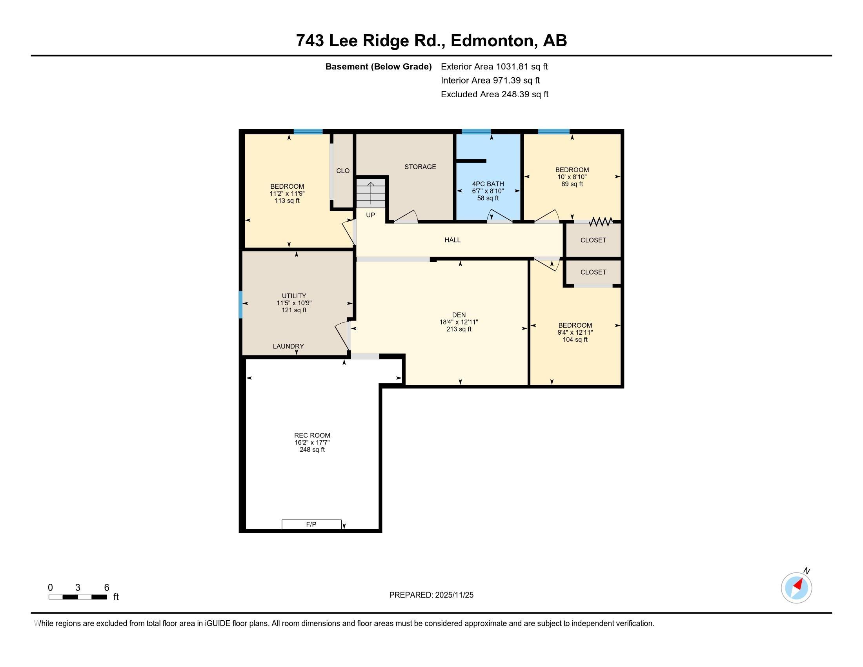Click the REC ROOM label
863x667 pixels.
pos(312,436)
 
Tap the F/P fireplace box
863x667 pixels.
pos(311,524)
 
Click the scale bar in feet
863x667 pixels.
pos(78,597)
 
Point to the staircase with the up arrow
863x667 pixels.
pos(371,193)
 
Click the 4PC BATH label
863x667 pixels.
pos(488,184)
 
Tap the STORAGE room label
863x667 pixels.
pos(420,167)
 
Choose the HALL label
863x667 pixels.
pos(452,240)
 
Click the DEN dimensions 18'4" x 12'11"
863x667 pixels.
pos(459,322)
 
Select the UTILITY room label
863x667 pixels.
pos(294,296)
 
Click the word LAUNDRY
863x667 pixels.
pos(288,346)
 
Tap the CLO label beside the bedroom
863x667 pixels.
pos(343,171)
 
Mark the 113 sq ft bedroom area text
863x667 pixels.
pos(287,201)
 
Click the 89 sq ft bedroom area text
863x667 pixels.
pos(572,184)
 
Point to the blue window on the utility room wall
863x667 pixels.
pos(240,304)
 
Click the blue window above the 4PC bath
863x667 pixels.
pos(476,132)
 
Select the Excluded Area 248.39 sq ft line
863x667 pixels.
pos(495,95)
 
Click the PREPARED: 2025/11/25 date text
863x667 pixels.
pos(431,595)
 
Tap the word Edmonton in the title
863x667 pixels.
pos(493,41)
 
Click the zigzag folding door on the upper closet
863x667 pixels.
pos(601,222)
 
